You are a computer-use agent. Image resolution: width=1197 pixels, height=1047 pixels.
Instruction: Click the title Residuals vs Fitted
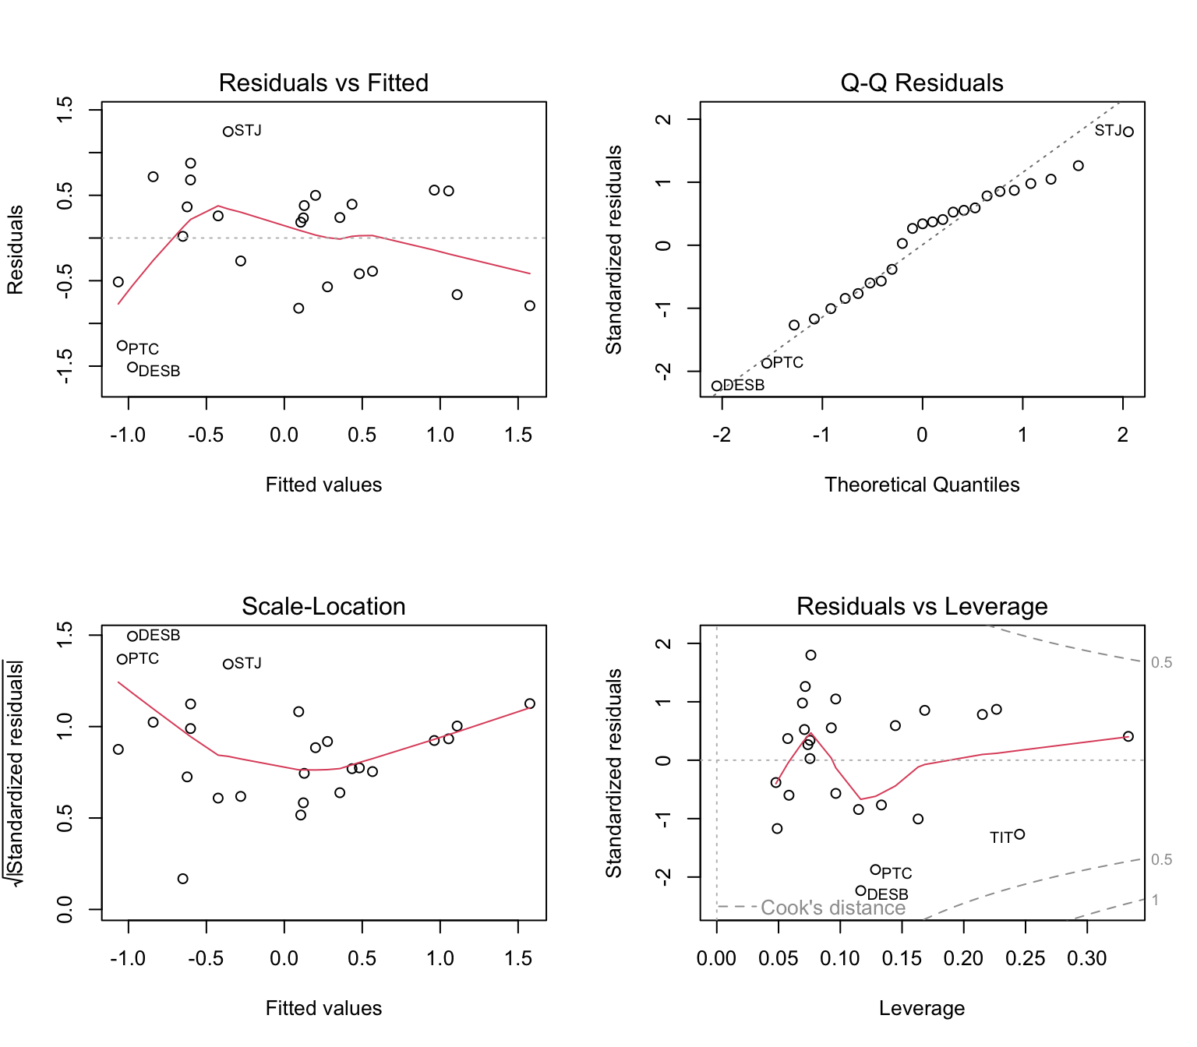(x=323, y=83)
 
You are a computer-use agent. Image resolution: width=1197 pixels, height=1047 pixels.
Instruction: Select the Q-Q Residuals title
(x=922, y=83)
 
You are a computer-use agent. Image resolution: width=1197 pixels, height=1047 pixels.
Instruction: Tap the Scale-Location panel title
(x=323, y=606)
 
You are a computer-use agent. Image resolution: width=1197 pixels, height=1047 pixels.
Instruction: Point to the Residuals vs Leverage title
(x=922, y=606)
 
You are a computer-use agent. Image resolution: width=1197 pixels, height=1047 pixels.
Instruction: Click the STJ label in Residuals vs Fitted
(x=249, y=131)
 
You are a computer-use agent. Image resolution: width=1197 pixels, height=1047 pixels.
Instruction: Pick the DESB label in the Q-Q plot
(x=744, y=386)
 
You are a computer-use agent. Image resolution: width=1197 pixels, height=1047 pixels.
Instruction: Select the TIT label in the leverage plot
(x=1001, y=838)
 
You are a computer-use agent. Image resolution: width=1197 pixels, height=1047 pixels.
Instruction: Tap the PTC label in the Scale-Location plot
(x=143, y=659)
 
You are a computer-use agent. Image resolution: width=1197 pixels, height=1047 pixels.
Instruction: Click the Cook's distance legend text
(x=833, y=908)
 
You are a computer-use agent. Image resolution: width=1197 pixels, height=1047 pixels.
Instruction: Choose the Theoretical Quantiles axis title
(x=922, y=485)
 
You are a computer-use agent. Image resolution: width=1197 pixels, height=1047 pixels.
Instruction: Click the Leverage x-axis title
(x=922, y=1008)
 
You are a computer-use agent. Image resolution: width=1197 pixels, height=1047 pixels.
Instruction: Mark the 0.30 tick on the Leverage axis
(x=1086, y=959)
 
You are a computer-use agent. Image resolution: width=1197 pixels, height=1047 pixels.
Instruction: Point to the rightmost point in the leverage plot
(x=1128, y=736)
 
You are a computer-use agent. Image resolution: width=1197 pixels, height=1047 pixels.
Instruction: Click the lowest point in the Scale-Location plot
(x=183, y=879)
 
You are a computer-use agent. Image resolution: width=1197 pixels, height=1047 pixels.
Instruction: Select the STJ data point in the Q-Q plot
(x=1128, y=132)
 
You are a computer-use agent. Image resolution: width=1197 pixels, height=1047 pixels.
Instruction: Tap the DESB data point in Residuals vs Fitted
(x=132, y=367)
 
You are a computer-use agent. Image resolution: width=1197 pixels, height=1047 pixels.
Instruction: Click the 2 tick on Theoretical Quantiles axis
(x=1122, y=435)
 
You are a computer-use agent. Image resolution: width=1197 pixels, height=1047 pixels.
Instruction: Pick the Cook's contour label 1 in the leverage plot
(x=1156, y=901)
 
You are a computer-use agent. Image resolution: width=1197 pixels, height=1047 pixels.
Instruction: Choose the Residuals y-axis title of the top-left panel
(x=16, y=249)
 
